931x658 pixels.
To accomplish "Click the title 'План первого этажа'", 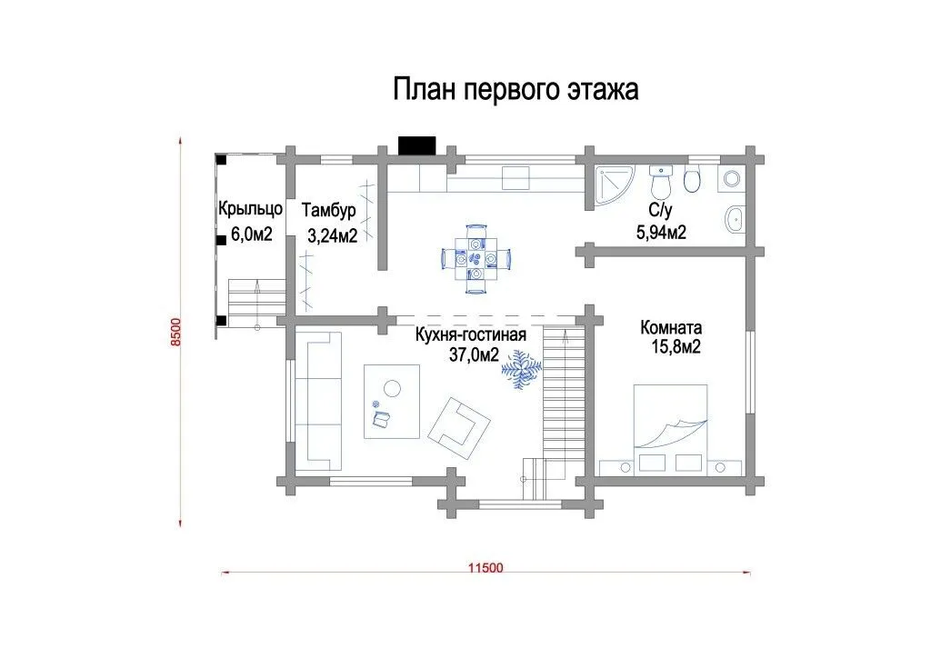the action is click(516, 90).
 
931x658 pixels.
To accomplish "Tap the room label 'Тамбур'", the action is click(328, 210).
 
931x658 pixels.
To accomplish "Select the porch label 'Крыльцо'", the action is click(250, 209).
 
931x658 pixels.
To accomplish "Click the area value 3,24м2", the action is click(332, 235).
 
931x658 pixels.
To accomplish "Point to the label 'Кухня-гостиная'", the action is click(470, 335).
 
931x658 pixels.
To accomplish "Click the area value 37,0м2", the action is click(474, 354).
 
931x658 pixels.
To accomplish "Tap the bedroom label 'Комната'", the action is click(671, 327).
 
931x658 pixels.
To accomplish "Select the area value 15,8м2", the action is click(676, 346).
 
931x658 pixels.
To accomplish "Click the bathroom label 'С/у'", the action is click(660, 210).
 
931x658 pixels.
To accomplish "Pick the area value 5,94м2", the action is click(661, 232).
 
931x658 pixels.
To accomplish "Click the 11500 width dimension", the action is click(486, 568).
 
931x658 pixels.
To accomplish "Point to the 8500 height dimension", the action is click(175, 334).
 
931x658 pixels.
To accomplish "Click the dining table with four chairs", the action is click(476, 259).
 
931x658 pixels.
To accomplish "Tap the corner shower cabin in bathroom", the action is click(613, 185).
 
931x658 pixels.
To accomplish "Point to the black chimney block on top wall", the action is click(416, 146).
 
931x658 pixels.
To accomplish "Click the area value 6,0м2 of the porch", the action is click(251, 234).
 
